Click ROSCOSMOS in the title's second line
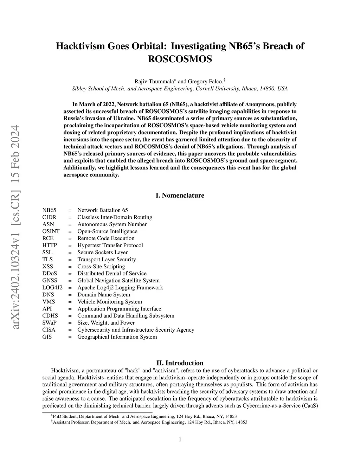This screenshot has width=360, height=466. tap(180, 59)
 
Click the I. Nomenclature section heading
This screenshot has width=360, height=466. tap(180, 196)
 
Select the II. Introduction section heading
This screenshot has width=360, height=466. tap(180, 363)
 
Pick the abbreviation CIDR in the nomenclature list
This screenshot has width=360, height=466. tap(49, 217)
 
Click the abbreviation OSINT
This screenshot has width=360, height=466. tap(51, 231)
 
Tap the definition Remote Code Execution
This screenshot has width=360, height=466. tap(106, 238)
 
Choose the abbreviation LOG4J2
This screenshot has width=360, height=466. tap(52, 288)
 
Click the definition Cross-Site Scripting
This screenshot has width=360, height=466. tap(101, 267)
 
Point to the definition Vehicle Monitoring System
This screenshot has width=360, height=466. tap(110, 302)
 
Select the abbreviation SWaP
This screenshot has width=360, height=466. tap(50, 323)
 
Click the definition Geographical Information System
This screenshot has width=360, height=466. tap(117, 337)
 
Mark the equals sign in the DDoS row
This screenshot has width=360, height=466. tap(70, 274)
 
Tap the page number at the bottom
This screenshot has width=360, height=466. tap(180, 439)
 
